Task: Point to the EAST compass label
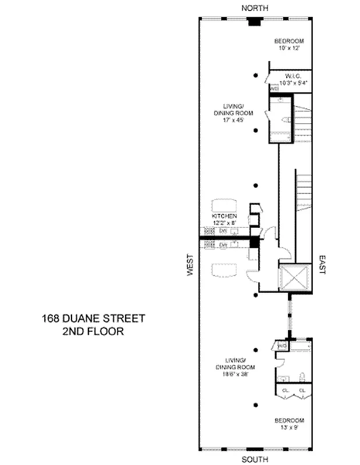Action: pyautogui.click(x=321, y=265)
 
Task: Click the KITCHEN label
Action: pyautogui.click(x=224, y=216)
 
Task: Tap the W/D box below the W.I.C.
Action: pyautogui.click(x=274, y=89)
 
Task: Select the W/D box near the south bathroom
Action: pyautogui.click(x=282, y=346)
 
